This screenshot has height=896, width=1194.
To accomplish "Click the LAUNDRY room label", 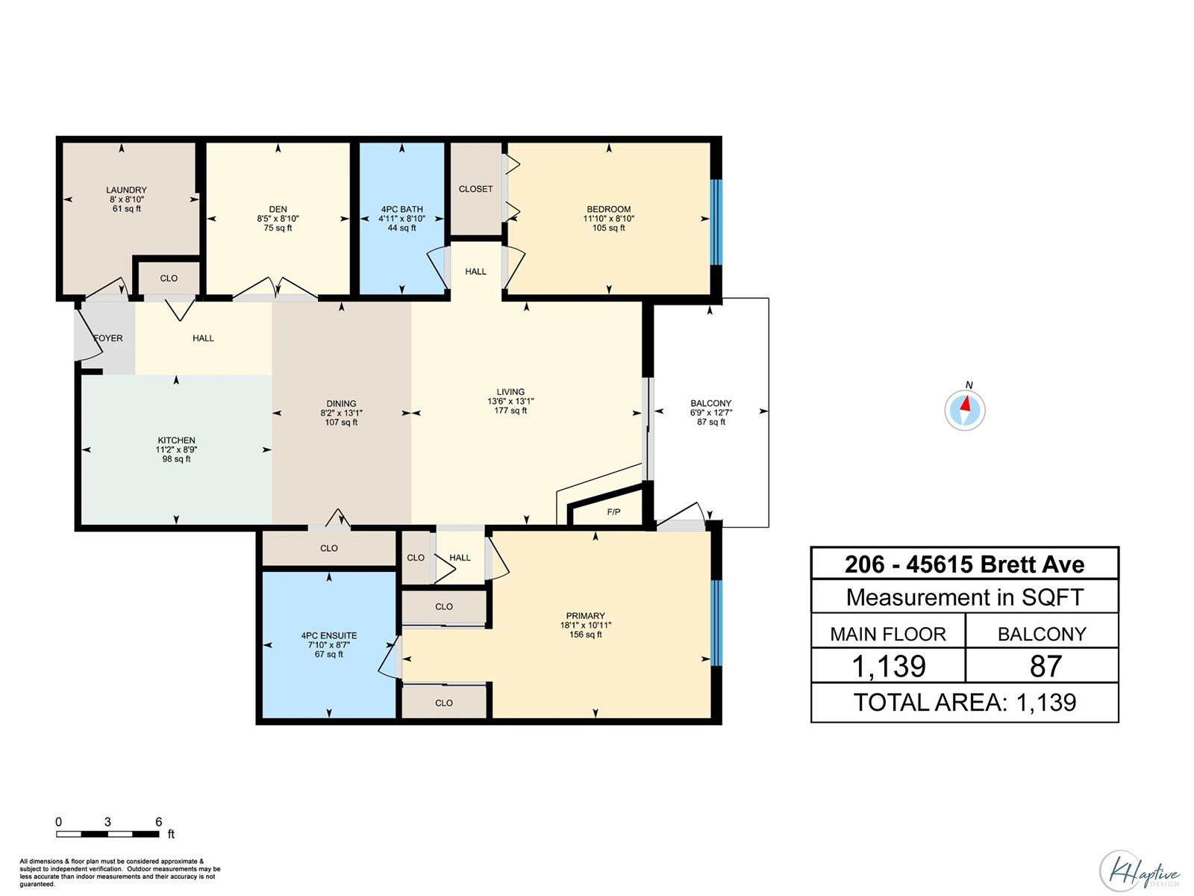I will click(x=126, y=190).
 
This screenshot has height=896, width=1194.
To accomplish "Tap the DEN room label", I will click(x=278, y=210).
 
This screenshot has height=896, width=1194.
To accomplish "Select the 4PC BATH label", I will click(x=401, y=210).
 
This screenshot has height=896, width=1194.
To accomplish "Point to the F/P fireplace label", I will click(x=613, y=512).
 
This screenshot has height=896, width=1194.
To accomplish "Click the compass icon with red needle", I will click(x=965, y=409).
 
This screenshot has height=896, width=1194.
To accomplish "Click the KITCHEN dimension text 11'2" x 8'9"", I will click(x=176, y=450).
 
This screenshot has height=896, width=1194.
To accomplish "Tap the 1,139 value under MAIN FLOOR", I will click(x=888, y=666).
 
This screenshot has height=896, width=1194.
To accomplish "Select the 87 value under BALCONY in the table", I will click(x=1045, y=666).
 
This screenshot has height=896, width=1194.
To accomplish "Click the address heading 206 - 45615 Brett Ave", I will click(x=964, y=564).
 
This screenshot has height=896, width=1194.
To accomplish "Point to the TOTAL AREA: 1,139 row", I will click(x=964, y=703).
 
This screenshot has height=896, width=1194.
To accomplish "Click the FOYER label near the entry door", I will click(x=108, y=338).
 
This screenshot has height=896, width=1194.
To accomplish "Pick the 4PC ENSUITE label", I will click(x=329, y=636).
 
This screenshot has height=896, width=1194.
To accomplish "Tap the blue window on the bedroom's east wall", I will click(x=716, y=222).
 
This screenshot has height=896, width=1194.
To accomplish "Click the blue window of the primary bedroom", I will click(x=716, y=623).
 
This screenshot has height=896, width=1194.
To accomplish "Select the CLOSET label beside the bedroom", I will click(x=475, y=189).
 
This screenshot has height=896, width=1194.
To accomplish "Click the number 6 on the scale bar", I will click(x=158, y=822).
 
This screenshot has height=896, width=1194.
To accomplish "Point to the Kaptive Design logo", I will click(x=1140, y=871).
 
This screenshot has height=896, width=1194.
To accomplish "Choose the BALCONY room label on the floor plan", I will click(x=710, y=403).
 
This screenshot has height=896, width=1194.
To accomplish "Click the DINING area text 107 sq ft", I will click(x=341, y=423).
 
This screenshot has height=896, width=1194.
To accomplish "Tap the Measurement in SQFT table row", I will click(x=964, y=597).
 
